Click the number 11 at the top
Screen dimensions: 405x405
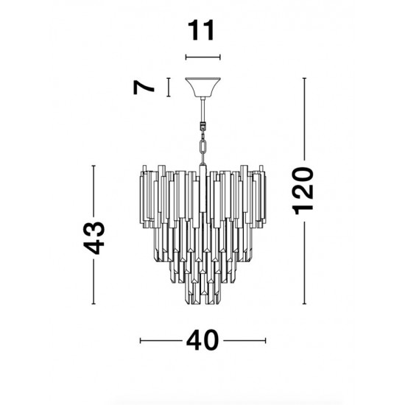click(202, 31)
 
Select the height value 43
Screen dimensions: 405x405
click(95, 236)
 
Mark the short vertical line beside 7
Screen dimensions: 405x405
click(169, 87)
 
